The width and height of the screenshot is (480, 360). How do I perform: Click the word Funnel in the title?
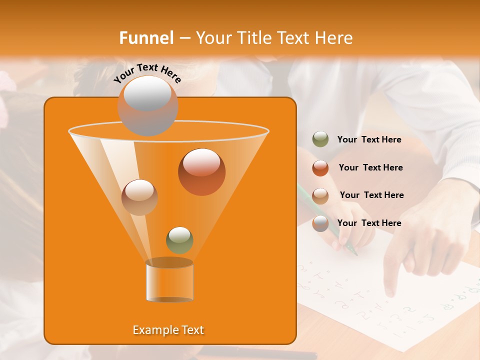coord(146,38)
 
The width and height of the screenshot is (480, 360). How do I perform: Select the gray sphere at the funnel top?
coord(147,105)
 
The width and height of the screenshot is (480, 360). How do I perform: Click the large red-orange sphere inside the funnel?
coord(201,172)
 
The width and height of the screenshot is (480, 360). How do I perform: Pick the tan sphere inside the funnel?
coord(139,197)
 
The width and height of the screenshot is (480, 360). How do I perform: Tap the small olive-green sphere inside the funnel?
coord(179,240)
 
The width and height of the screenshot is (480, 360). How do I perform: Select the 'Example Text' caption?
coord(168,330)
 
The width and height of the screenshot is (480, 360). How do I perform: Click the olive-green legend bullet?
coord(320,139)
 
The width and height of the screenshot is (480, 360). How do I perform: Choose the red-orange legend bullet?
coord(320,168)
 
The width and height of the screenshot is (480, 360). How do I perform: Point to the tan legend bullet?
coord(320,195)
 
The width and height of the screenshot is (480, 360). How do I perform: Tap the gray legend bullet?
coord(320,223)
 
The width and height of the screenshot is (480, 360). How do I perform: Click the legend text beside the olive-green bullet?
coord(369,140)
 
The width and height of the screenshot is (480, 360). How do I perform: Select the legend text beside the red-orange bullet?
coord(370,168)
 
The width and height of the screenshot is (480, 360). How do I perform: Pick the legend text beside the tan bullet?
coord(371,195)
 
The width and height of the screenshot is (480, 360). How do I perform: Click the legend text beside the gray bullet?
coord(369,223)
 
